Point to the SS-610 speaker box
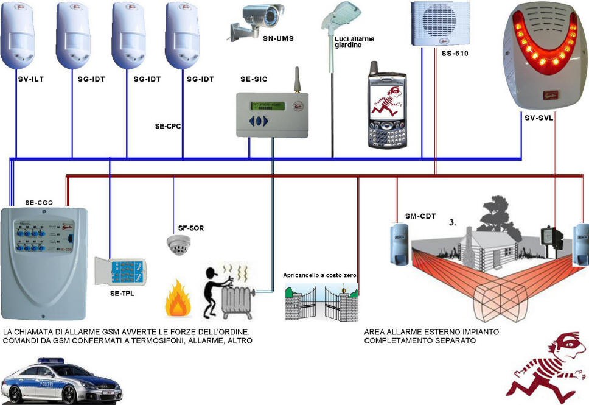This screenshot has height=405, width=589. (434, 23)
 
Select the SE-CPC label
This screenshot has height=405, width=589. (169, 127)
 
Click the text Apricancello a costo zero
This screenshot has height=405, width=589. (319, 275)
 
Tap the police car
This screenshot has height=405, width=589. (61, 382)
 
